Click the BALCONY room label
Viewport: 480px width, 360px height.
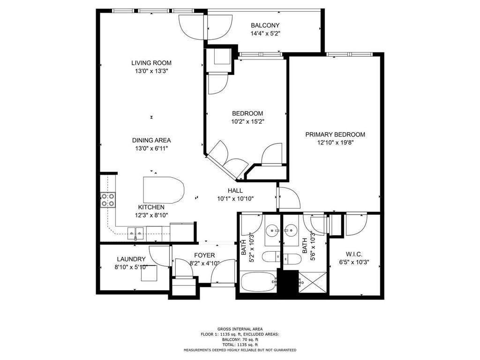point(265,25)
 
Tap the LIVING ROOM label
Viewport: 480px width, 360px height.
point(151,63)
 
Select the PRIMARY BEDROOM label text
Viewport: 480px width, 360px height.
point(335,135)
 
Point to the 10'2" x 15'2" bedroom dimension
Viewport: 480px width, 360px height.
point(247,121)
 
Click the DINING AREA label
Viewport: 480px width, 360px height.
point(151,141)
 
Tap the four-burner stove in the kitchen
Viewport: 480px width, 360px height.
point(108,200)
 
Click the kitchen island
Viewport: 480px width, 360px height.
point(164,190)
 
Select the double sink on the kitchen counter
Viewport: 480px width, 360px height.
point(135,233)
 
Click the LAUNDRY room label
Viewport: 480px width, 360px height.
point(131,259)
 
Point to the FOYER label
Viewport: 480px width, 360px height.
point(204,255)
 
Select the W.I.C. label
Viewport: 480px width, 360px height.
point(354,254)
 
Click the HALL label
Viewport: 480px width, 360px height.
point(235,190)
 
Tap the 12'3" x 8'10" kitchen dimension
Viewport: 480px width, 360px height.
point(151,215)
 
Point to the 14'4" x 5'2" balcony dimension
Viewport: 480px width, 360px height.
point(265,33)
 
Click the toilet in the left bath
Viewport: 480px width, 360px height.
point(271,256)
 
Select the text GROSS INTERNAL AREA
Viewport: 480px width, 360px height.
point(240,329)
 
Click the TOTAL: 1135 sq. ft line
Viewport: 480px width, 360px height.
point(240,345)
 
